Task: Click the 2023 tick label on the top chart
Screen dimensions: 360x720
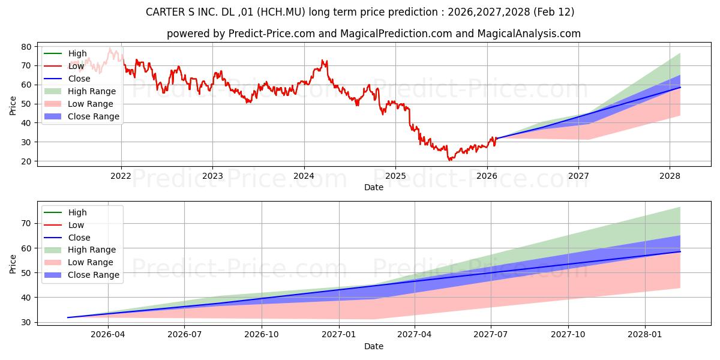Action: (x=212, y=176)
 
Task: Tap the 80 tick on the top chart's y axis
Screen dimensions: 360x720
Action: (x=27, y=47)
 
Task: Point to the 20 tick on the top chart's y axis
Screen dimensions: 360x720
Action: (x=27, y=161)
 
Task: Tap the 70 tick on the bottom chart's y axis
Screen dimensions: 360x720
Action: (x=27, y=223)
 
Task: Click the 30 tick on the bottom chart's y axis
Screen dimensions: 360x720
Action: (x=27, y=322)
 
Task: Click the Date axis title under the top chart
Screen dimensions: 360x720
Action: (x=374, y=187)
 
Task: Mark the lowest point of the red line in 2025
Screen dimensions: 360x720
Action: (x=449, y=160)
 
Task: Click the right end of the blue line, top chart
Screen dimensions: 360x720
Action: (x=680, y=88)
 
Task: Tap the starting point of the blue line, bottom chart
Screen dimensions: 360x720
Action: (x=68, y=317)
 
